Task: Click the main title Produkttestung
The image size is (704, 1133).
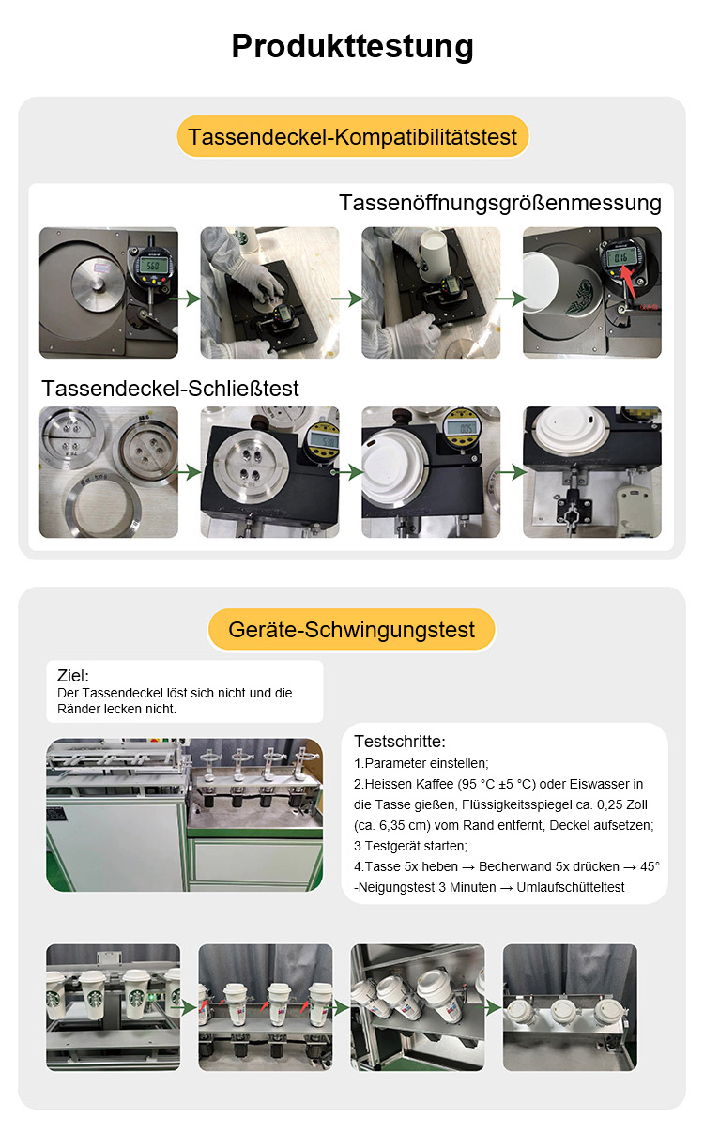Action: [352, 47]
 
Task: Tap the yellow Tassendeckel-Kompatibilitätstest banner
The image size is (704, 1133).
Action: [353, 136]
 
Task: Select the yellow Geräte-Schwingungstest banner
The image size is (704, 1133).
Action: [351, 630]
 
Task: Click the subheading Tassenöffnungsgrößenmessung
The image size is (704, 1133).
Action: [499, 203]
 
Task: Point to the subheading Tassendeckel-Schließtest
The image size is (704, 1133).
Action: [170, 389]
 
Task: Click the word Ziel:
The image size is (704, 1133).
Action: [73, 676]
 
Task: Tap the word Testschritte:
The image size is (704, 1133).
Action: [400, 742]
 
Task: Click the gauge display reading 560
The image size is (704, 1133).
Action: [152, 265]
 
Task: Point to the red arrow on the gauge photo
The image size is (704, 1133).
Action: [628, 282]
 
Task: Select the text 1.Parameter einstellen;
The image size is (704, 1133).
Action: [421, 763]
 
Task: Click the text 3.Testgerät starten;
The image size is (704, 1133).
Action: [410, 846]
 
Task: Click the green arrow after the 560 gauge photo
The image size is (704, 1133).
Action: [185, 299]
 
